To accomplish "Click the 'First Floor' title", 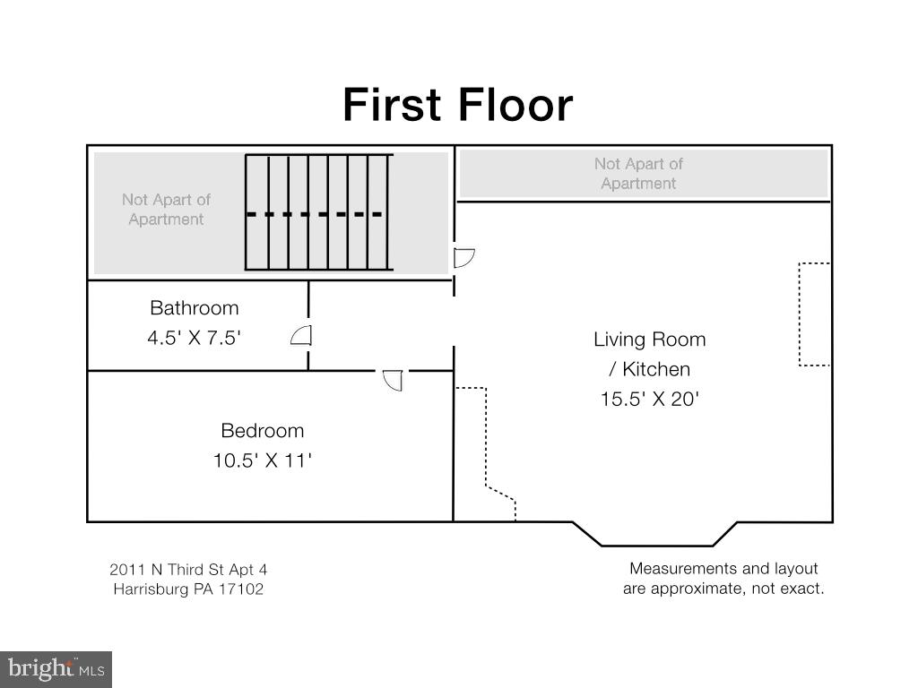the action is point(458,105).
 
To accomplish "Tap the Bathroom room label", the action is point(195,308).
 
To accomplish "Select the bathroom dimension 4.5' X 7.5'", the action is point(195,338).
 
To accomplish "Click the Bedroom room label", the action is point(263,431).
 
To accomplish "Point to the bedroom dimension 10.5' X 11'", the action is point(263,460).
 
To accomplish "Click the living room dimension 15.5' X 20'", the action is point(650,399).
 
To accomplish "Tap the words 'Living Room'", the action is point(650,340).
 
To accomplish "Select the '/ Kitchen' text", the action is point(650,369).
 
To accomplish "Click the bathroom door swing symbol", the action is point(301,335).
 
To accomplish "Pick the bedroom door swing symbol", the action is point(393,380).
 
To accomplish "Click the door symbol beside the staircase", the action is point(463,257).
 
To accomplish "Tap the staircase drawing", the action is point(319,212).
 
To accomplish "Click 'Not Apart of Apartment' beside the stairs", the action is point(166,210).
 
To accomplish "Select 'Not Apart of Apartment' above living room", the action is point(638,174).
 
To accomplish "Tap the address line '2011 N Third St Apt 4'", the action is point(188,569).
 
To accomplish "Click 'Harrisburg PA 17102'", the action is point(188,589).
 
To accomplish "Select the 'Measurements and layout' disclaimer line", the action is point(723,569).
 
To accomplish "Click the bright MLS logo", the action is point(56,669).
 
